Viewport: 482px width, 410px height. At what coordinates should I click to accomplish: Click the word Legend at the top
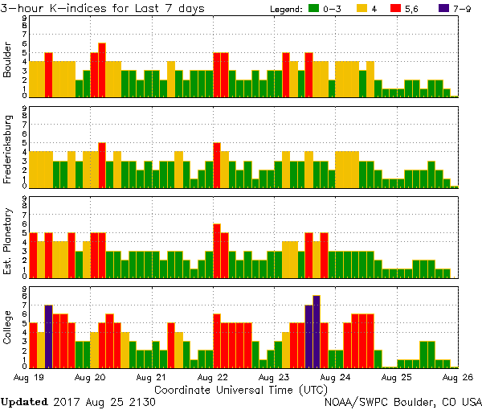point(284,8)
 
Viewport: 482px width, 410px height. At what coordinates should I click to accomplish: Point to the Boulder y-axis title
point(7,61)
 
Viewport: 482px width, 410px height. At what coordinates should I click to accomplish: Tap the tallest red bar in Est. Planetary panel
point(217,250)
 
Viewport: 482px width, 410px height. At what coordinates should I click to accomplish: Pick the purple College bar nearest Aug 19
point(48,336)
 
